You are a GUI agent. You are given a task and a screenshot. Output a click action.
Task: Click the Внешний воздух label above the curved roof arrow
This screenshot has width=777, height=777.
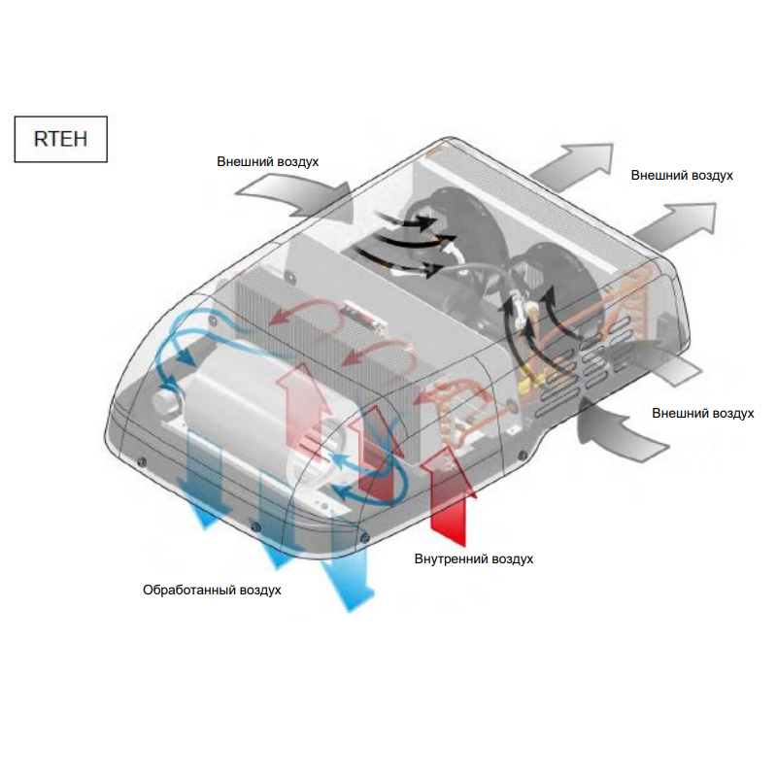point(268,161)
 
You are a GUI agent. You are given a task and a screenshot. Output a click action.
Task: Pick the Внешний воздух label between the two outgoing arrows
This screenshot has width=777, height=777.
point(682,176)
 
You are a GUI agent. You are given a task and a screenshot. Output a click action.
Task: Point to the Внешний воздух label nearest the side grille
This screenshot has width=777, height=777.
point(703,414)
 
